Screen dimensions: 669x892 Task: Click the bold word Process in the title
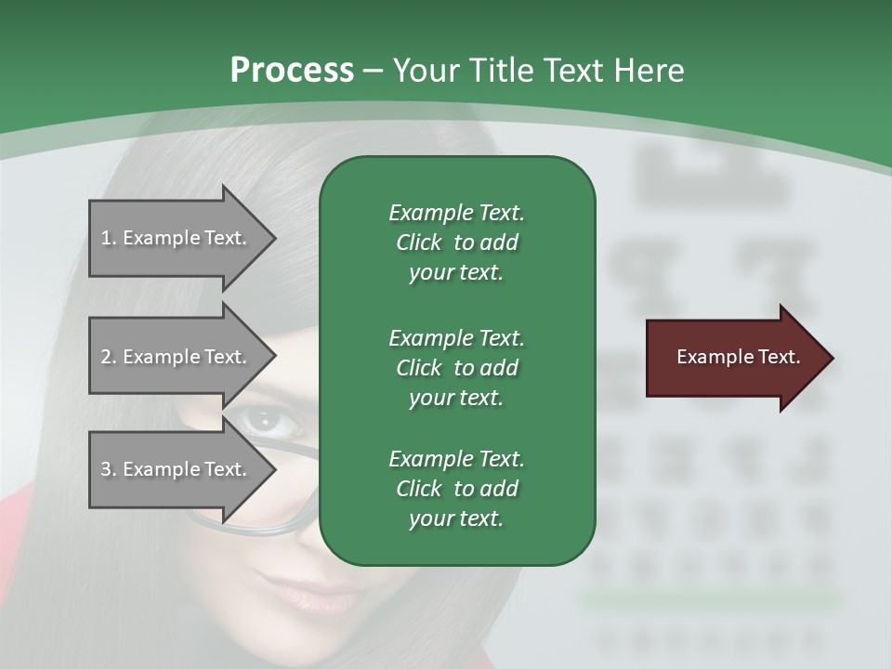292,71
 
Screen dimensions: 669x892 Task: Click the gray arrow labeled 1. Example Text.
177,238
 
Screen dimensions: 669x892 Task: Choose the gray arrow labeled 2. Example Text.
177,357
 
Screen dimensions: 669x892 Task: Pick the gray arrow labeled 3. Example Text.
177,469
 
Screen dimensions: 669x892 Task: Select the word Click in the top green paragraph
418,243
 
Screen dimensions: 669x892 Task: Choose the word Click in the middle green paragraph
418,367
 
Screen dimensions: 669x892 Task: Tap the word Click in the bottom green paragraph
418,489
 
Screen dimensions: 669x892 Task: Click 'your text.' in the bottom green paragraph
456,518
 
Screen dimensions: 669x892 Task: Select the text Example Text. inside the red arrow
738,357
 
